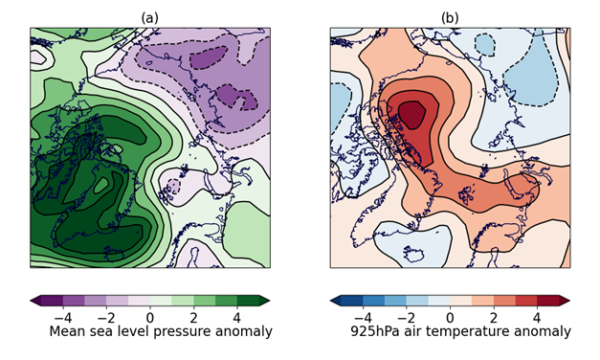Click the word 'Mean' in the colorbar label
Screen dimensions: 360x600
68,331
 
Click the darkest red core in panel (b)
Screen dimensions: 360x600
411,112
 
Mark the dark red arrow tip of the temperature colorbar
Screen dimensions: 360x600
565,301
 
